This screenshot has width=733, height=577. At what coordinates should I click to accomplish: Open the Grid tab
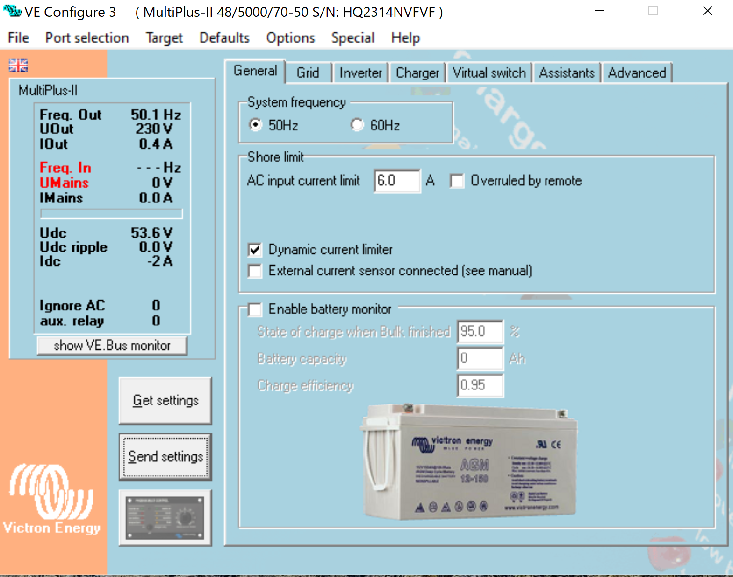coord(308,73)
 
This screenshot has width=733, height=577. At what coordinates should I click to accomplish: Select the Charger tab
coord(417,73)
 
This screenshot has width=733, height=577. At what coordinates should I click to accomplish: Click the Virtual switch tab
coord(489,73)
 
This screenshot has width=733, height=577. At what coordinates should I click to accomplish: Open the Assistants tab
coord(567,73)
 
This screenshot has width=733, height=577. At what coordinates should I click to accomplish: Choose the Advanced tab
coord(637,73)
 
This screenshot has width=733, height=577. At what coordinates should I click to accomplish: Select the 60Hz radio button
coord(358,125)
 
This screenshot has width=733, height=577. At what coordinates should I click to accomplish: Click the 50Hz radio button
coord(256,125)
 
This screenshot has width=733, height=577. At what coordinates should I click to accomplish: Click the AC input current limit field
coord(396,181)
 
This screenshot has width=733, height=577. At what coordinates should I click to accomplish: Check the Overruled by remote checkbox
coord(457,181)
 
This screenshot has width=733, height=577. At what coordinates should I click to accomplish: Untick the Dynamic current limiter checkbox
coord(255,250)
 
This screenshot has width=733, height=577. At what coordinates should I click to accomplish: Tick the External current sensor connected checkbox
coord(255,271)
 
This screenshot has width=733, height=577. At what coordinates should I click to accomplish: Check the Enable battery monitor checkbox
coord(255,310)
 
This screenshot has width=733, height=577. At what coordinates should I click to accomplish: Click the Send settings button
coord(165,457)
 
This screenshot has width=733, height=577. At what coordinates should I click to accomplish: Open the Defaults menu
coord(224,38)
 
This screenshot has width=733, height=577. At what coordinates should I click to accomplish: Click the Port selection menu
coord(87,38)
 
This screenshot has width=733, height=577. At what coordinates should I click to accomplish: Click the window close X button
coord(707,11)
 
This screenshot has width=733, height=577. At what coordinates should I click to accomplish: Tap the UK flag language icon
coord(18,65)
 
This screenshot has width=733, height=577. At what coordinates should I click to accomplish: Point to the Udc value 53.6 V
coord(151,233)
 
